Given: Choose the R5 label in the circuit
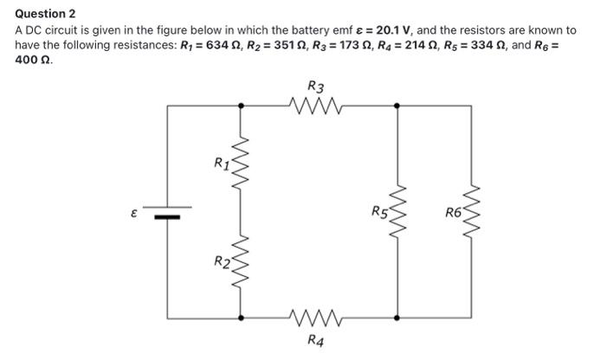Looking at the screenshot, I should point(379,210).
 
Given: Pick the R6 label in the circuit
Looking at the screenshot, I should point(454,210).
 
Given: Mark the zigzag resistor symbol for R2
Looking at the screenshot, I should point(242,260).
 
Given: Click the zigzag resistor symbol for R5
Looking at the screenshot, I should point(397,212).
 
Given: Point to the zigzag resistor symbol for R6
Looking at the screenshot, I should point(472,212).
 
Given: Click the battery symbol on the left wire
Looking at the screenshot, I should point(167,212).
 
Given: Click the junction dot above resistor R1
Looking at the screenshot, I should point(242,105).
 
